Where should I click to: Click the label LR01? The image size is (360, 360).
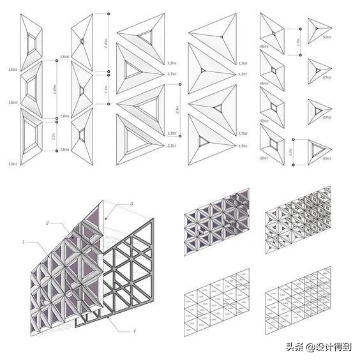point(12,164)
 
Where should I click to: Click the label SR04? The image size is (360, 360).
point(263,47)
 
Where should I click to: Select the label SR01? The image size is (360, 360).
point(263,158)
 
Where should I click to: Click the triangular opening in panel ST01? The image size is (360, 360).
point(318,148)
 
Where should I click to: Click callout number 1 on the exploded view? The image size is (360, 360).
point(24,243)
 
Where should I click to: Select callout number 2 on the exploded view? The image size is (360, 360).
point(47,223)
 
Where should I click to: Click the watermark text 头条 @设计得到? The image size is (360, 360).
point(319,347)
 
